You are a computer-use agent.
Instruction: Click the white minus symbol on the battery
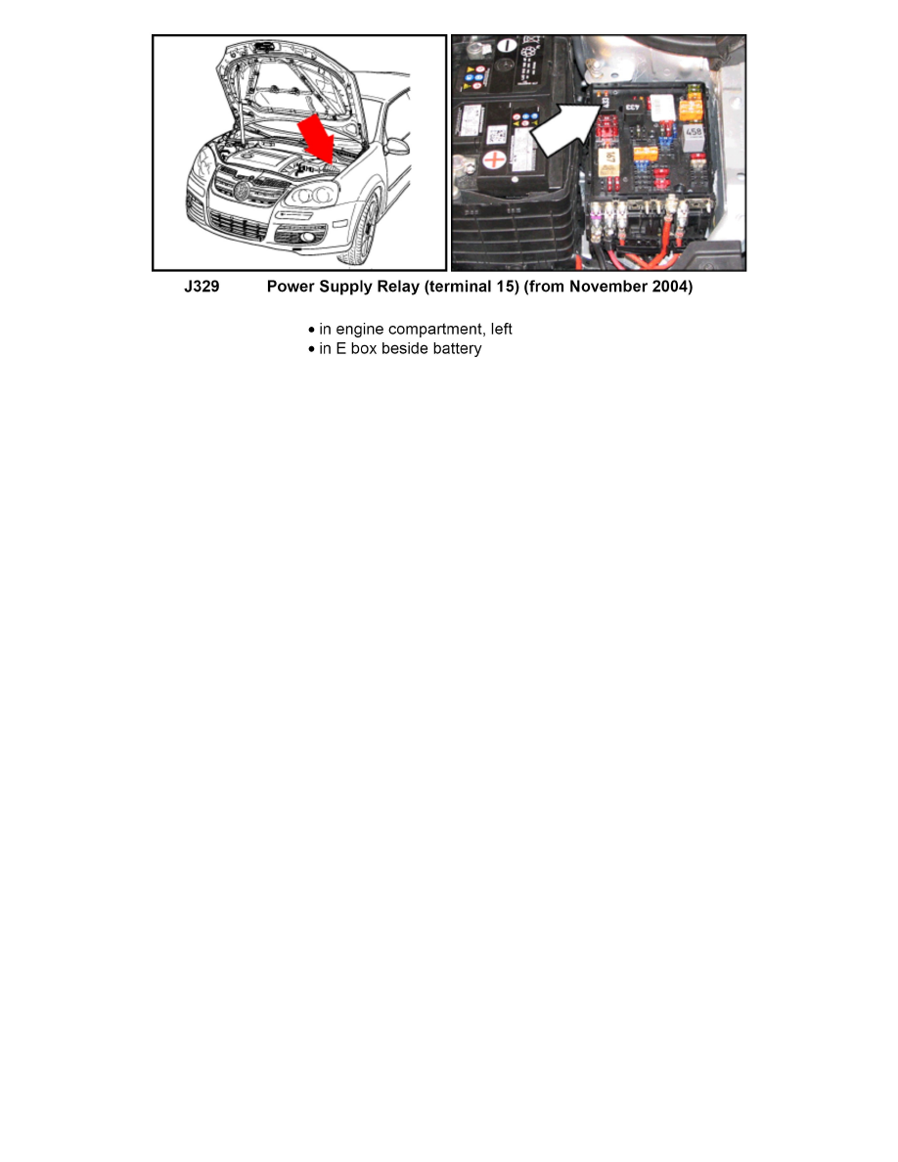tap(506, 46)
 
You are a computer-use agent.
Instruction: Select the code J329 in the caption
tap(202, 288)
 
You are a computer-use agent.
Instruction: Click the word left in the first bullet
tap(501, 329)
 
